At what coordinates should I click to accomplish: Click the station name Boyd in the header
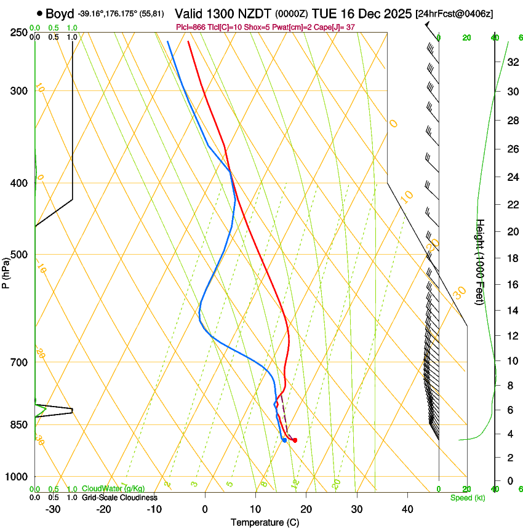point(60,14)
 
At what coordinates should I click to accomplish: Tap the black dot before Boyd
point(40,13)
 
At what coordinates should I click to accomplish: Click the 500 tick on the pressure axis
point(19,255)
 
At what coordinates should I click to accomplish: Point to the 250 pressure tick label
point(19,33)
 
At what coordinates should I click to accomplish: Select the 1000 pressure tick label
point(17,477)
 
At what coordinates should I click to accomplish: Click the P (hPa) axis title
point(6,271)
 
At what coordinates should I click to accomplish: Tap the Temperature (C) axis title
point(264,522)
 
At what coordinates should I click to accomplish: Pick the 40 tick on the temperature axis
point(407,509)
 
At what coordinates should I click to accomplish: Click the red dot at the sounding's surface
point(295,440)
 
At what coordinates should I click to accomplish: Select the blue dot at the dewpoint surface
point(284,440)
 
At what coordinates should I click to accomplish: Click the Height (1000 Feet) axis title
point(480,261)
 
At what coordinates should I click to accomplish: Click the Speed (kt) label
point(467,498)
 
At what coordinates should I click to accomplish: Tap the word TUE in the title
point(324,14)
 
